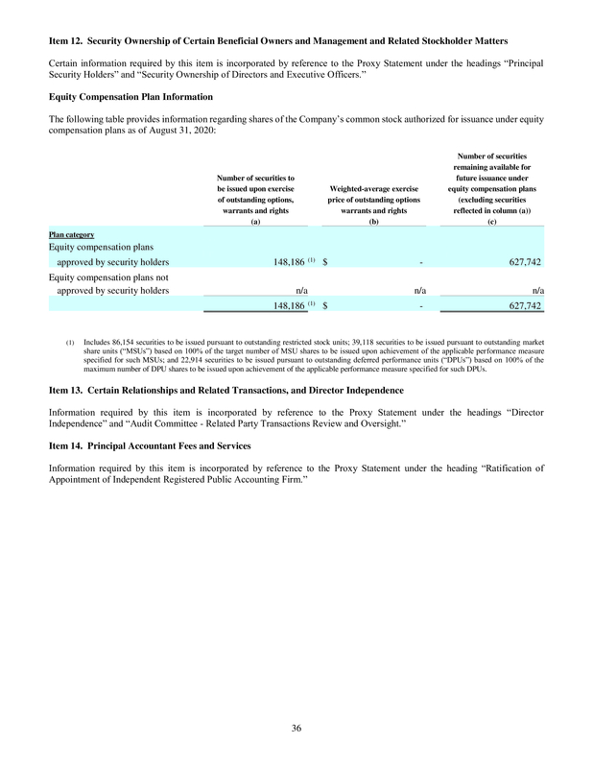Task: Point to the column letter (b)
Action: click(373, 222)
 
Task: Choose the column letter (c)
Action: click(492, 222)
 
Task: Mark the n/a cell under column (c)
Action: click(538, 290)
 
